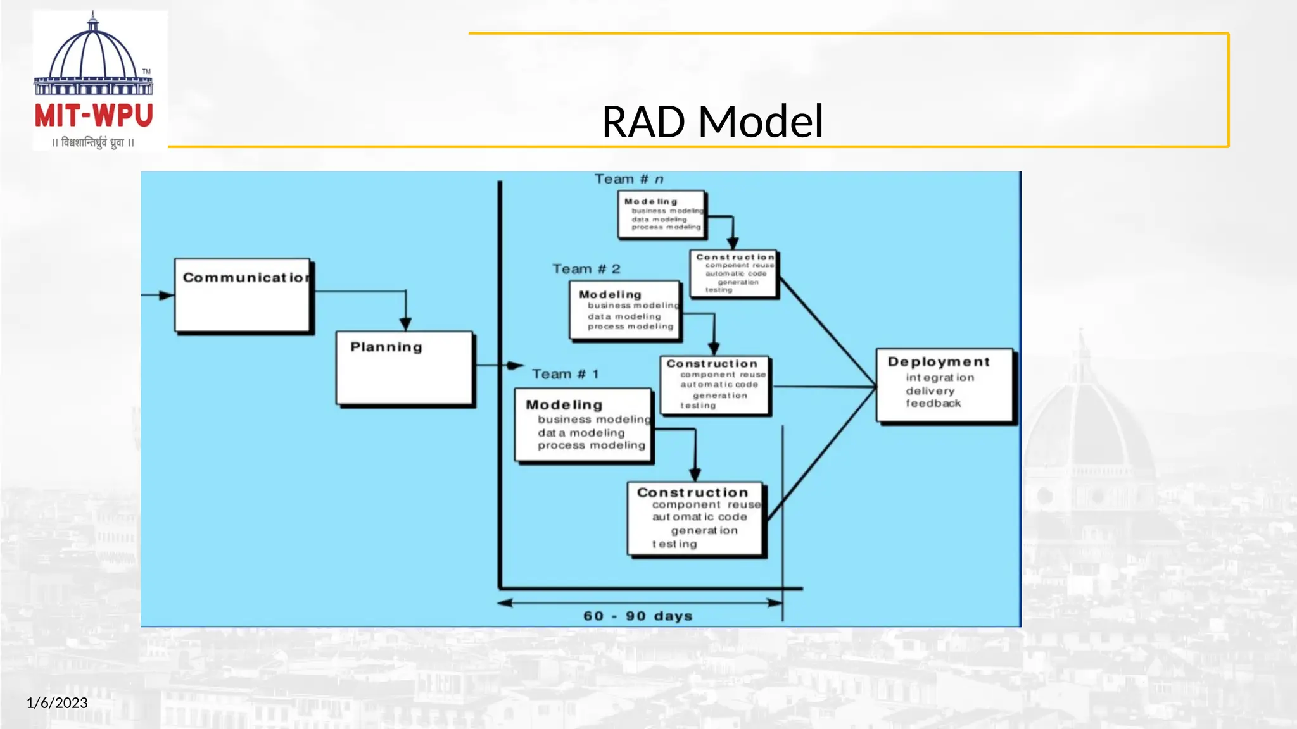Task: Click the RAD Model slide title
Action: (712, 121)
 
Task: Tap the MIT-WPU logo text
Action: (94, 116)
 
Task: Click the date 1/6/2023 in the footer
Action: (57, 702)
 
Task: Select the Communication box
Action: (243, 295)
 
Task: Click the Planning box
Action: (404, 368)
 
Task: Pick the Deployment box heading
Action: (939, 362)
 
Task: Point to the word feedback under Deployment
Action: (933, 403)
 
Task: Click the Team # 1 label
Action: (565, 374)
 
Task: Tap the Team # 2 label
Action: (586, 269)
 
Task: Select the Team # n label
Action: (628, 179)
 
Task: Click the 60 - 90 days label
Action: (638, 616)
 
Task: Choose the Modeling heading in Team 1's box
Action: (564, 404)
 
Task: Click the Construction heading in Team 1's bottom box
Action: (692, 492)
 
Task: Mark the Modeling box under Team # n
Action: (662, 215)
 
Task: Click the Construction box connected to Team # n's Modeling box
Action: (733, 273)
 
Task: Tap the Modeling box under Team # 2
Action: (625, 311)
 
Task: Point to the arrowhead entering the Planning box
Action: (406, 324)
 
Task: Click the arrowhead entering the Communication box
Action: (166, 296)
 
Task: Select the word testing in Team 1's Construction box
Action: (674, 544)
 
